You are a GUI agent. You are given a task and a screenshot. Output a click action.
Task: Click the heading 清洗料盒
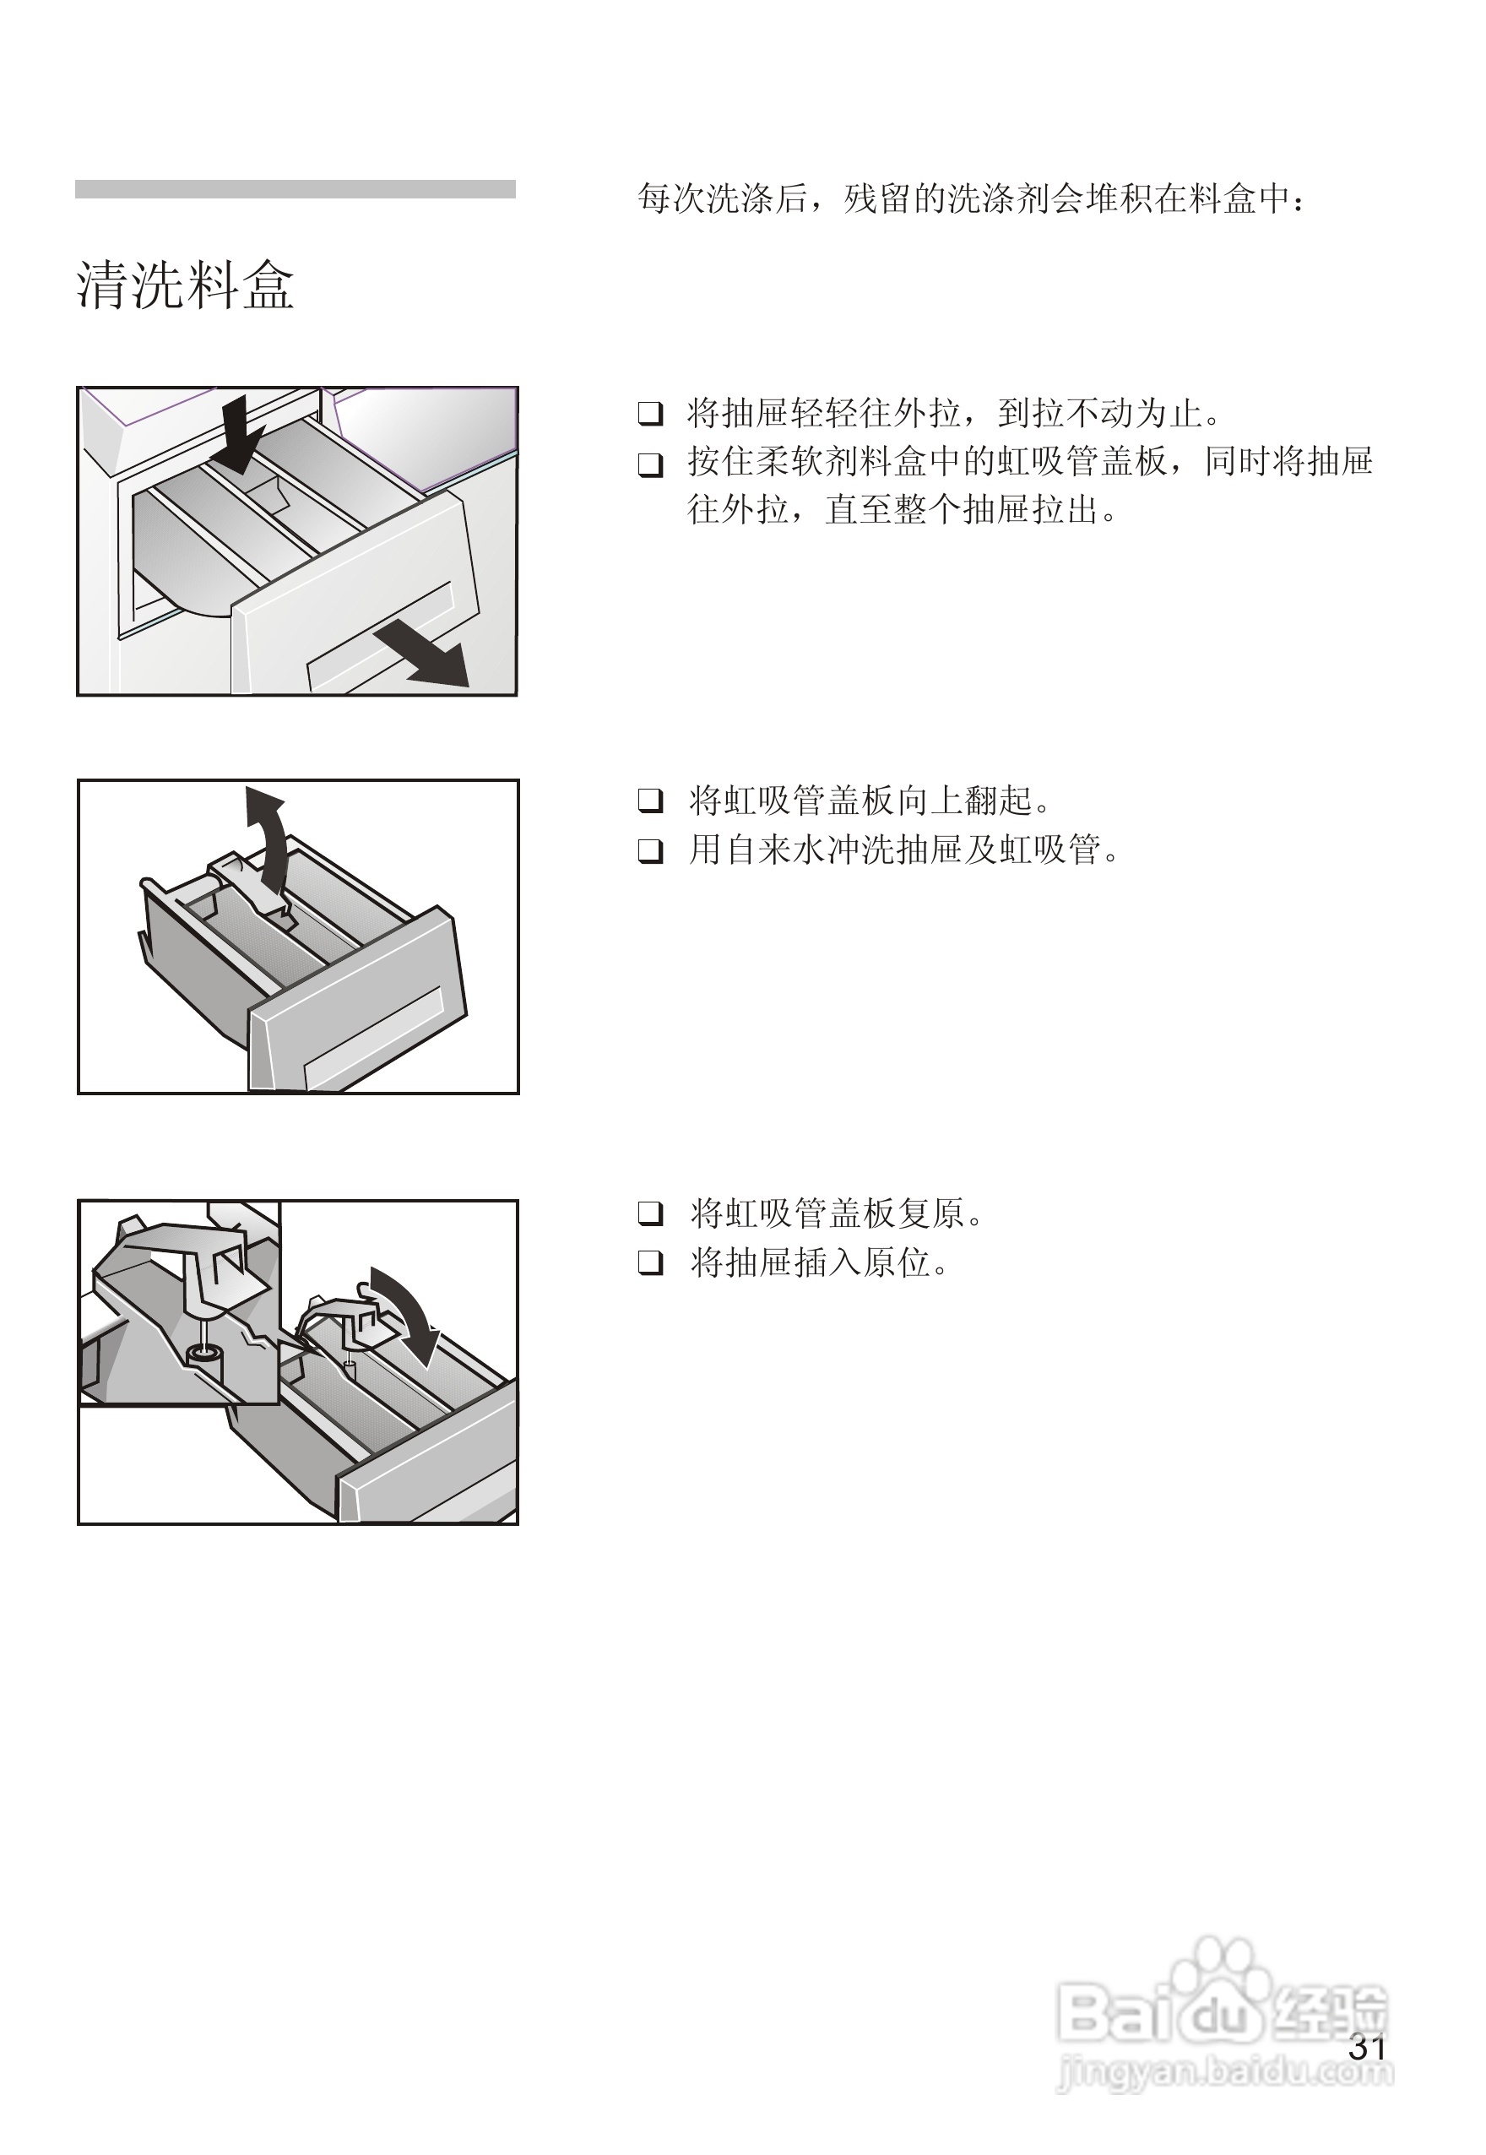pyautogui.click(x=185, y=284)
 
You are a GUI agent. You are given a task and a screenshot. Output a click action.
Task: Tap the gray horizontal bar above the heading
pyautogui.click(x=296, y=189)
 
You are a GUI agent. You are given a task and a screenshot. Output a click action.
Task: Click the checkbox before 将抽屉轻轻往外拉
pyautogui.click(x=650, y=414)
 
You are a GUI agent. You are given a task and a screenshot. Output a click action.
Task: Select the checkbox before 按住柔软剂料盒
pyautogui.click(x=650, y=464)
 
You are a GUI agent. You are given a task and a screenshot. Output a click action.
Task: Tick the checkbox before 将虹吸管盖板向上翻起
pyautogui.click(x=650, y=800)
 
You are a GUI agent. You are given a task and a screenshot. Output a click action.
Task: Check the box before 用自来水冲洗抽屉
pyautogui.click(x=650, y=850)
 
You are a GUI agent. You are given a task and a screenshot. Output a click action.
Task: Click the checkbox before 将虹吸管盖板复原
pyautogui.click(x=650, y=1213)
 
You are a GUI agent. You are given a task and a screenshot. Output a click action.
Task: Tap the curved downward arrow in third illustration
pyautogui.click(x=406, y=1313)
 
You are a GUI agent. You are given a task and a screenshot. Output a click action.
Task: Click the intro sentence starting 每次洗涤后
pyautogui.click(x=972, y=198)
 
